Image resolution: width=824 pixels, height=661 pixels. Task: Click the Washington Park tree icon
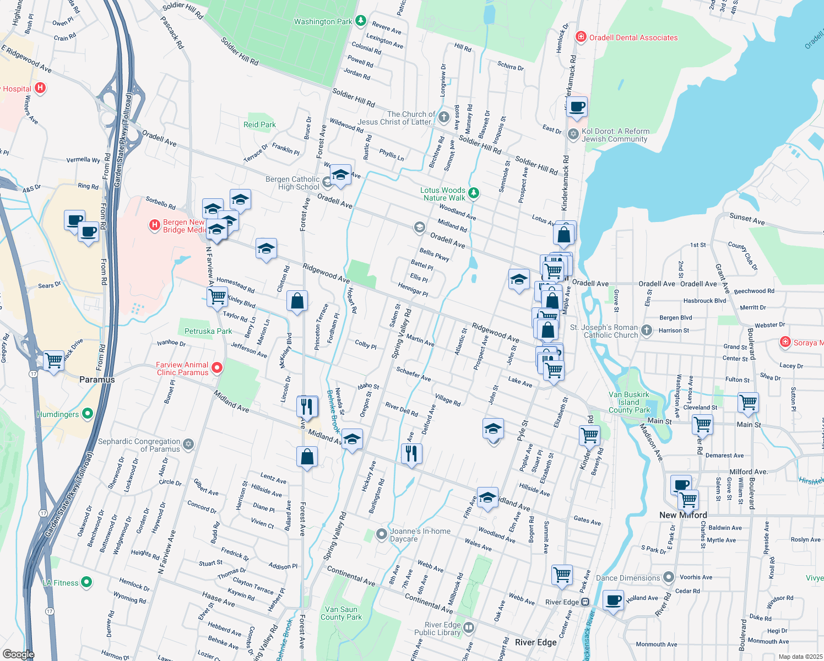click(361, 21)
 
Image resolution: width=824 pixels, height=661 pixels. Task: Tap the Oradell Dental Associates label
click(633, 37)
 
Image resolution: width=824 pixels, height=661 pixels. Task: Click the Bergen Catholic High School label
click(292, 183)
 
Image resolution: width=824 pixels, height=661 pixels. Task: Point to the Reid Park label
click(259, 124)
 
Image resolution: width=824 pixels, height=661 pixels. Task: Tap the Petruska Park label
click(208, 331)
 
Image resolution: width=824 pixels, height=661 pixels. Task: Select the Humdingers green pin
click(88, 414)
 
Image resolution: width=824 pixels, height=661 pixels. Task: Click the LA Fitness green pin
click(86, 582)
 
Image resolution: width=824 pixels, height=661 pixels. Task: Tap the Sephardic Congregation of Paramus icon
click(188, 445)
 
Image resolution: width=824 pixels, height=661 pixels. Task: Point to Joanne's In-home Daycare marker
click(381, 534)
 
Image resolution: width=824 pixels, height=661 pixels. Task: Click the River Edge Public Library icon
click(468, 627)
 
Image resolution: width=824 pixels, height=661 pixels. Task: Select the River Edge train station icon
click(585, 602)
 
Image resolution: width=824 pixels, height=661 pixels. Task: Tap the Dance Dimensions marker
click(668, 577)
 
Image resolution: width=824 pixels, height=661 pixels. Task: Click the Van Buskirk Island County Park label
click(629, 402)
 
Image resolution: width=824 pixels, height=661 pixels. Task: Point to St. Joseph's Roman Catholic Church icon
click(647, 330)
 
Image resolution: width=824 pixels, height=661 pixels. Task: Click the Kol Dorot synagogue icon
click(573, 134)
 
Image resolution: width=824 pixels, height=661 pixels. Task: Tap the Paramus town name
click(97, 380)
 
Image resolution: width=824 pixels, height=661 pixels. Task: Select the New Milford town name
click(683, 515)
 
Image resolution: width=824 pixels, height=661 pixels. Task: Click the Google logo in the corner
click(18, 654)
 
